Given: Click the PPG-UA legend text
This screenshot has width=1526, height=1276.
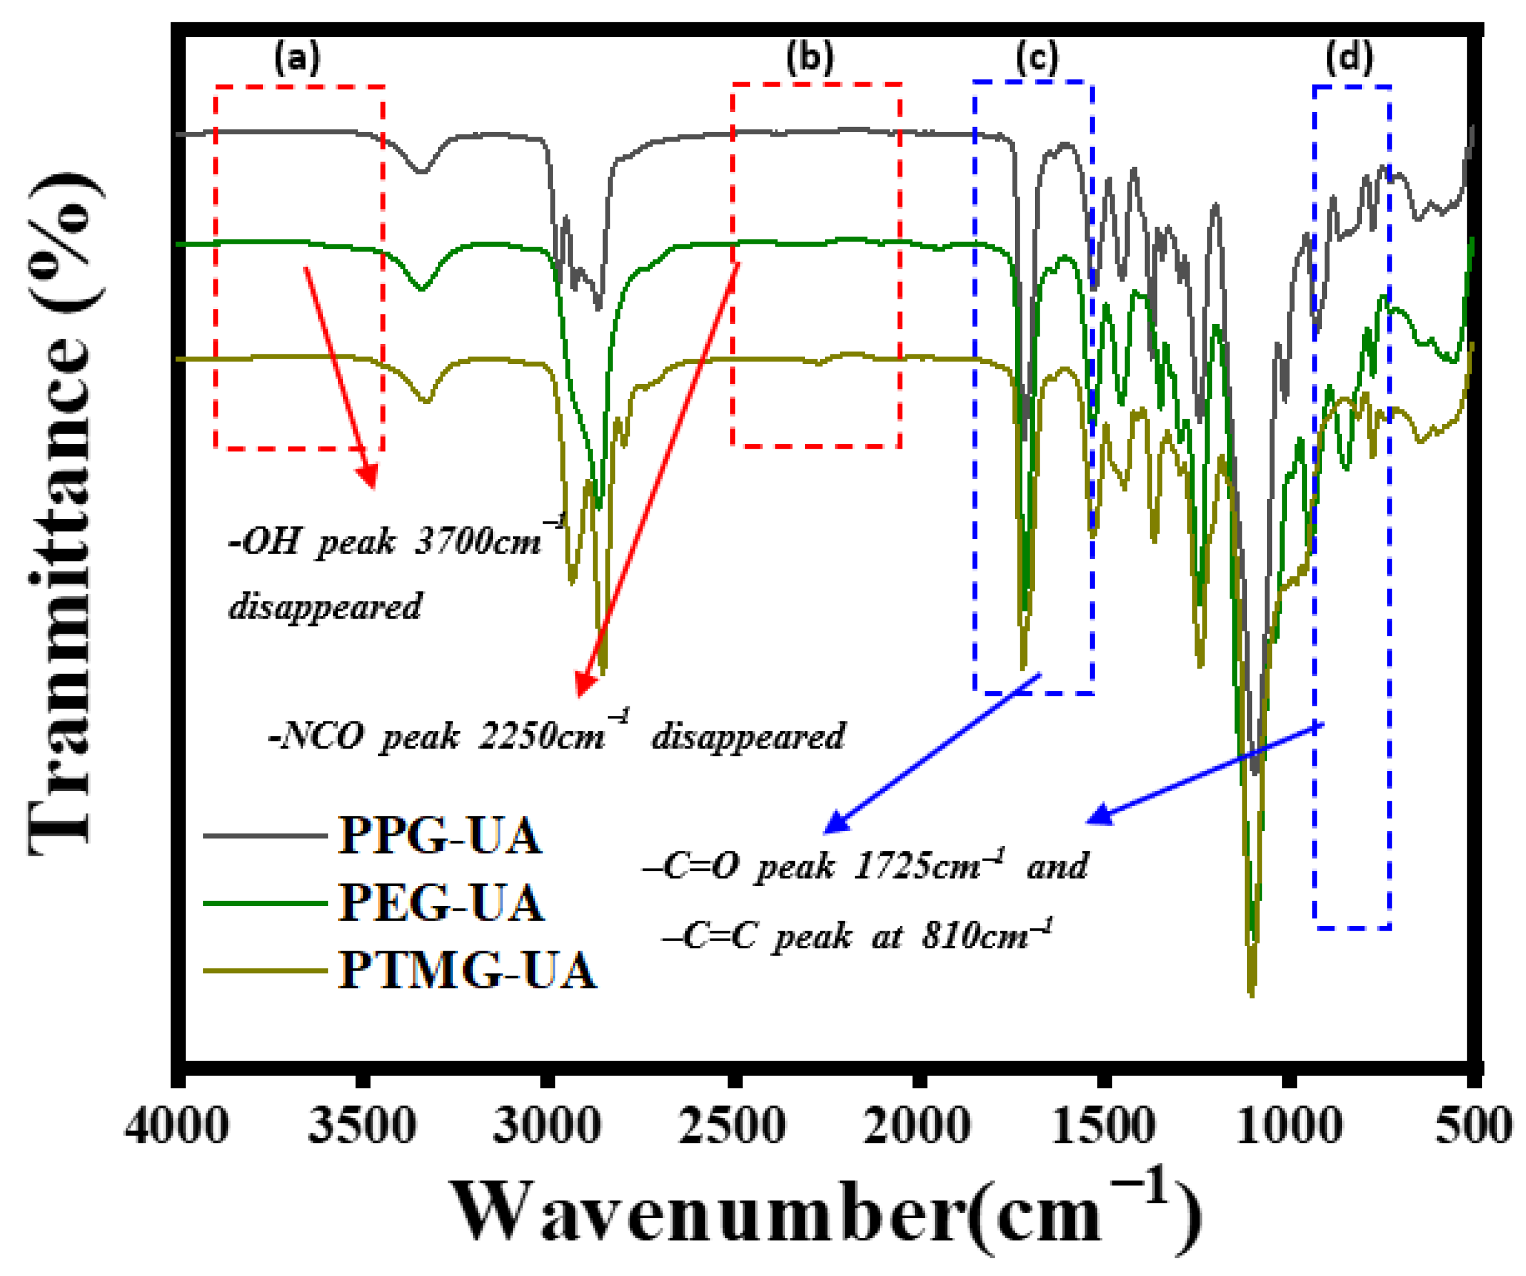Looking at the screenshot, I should [440, 836].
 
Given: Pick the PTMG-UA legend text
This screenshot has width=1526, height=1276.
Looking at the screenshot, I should [468, 970].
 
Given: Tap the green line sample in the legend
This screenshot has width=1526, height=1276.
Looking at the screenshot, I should [266, 903].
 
